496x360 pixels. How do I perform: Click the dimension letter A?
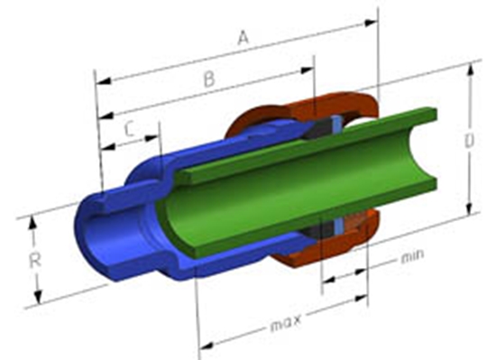(x=242, y=37)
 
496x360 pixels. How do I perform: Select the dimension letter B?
(x=208, y=79)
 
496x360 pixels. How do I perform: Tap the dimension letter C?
(x=130, y=130)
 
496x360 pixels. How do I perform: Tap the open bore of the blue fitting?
(x=104, y=235)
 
